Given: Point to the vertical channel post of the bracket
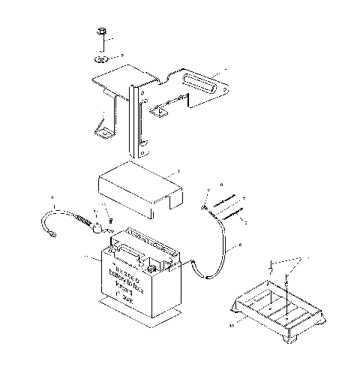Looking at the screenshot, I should pos(135,120).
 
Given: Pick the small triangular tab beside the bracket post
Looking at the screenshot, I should pos(159,110).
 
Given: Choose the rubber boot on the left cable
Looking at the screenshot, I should pos(95,225).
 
